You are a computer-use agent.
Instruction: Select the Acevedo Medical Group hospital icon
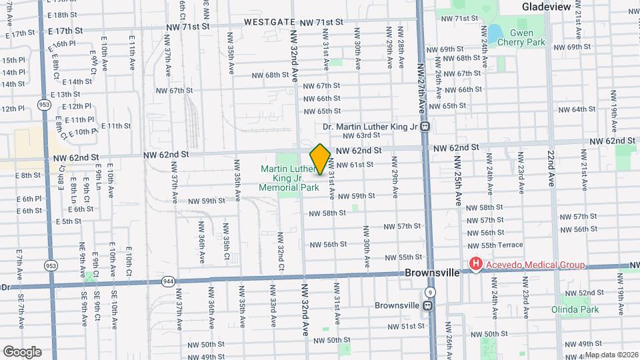(475, 265)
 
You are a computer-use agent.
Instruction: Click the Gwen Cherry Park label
(527, 37)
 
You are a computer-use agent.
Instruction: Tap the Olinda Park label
(575, 309)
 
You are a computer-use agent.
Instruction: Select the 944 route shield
(167, 282)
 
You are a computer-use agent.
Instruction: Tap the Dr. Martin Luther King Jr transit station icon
(425, 127)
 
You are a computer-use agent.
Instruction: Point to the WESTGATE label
(269, 22)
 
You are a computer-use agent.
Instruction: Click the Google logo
(22, 351)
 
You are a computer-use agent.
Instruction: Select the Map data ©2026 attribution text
(611, 355)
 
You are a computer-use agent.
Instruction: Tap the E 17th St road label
(65, 31)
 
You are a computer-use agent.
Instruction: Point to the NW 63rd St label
(356, 135)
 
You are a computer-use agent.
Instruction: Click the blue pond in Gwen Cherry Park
(495, 33)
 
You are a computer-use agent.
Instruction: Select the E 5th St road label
(67, 221)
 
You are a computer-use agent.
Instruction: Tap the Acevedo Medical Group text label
(535, 265)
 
